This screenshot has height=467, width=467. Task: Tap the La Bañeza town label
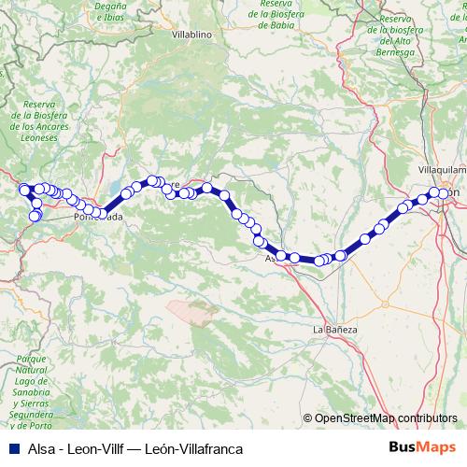pyautogui.click(x=335, y=330)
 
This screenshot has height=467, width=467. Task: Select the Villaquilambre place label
pyautogui.click(x=442, y=172)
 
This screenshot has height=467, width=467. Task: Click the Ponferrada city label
pyautogui.click(x=98, y=218)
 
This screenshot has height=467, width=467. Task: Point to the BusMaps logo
pyautogui.click(x=422, y=448)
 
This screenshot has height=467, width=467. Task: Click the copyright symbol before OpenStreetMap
pyautogui.click(x=307, y=418)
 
